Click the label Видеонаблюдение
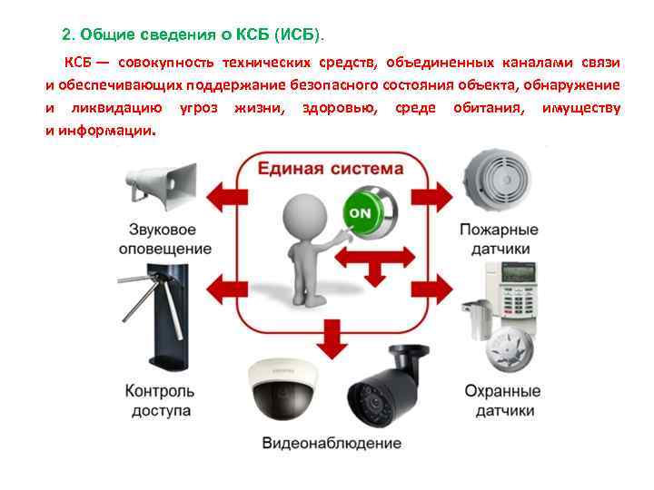point(332,444)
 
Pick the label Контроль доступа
point(159,401)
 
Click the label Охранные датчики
point(502,401)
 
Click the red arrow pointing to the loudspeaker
point(221,193)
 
